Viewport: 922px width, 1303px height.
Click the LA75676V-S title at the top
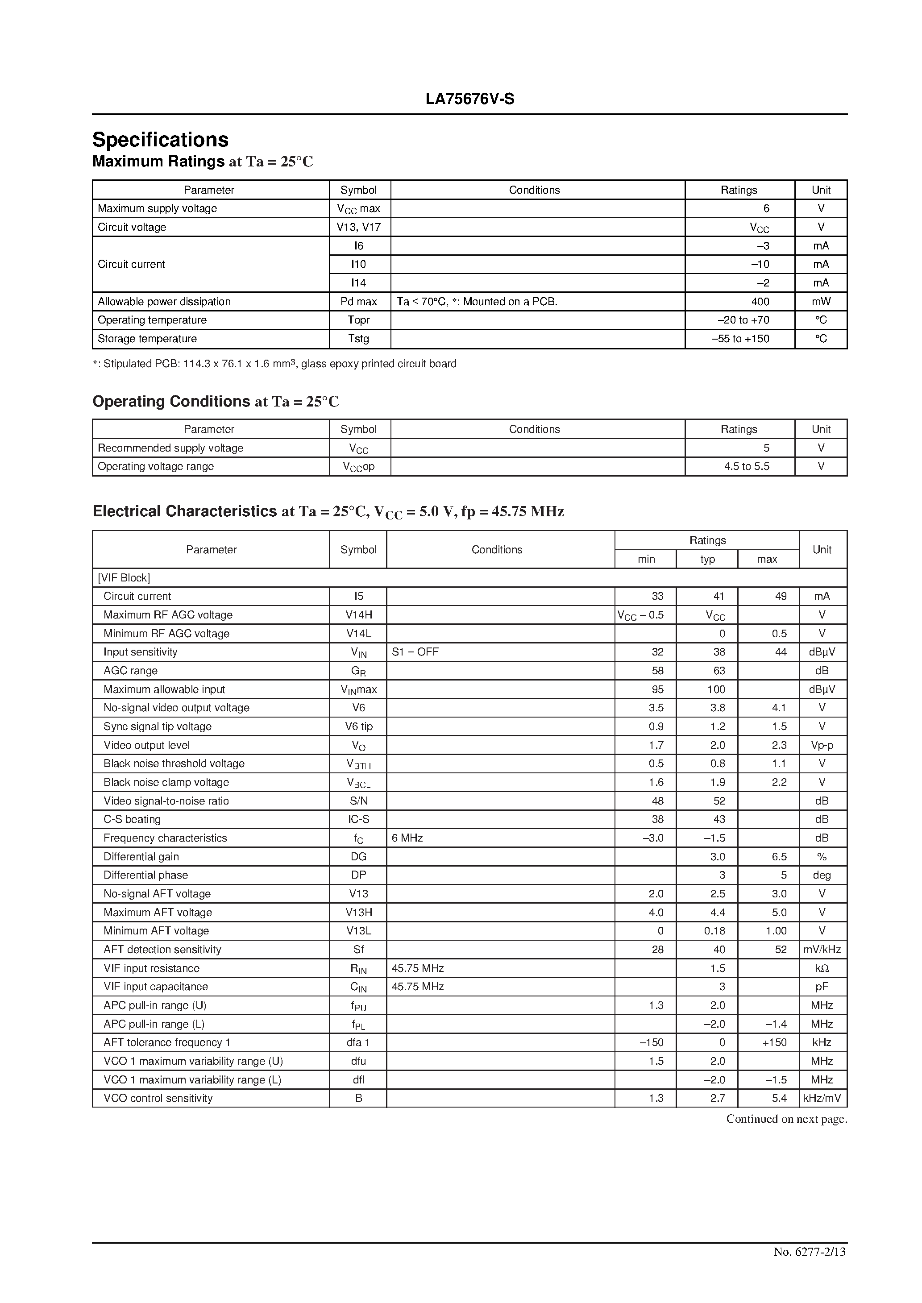[469, 100]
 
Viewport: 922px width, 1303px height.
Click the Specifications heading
[160, 140]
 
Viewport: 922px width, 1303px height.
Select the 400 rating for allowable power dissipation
[760, 301]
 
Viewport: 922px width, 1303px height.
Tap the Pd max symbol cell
[358, 301]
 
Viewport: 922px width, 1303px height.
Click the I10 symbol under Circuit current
[358, 264]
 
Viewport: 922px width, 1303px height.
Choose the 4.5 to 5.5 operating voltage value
[746, 466]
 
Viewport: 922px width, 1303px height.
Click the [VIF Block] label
[124, 578]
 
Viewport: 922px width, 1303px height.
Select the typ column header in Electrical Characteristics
[707, 559]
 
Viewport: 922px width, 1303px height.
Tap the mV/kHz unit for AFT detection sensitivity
[822, 950]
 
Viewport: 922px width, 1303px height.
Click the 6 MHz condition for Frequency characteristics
[407, 838]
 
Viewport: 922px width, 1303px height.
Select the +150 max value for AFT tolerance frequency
[774, 1042]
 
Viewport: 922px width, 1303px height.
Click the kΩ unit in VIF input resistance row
[822, 968]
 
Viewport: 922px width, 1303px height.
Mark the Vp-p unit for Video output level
[822, 745]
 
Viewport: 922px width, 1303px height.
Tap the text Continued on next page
[786, 1119]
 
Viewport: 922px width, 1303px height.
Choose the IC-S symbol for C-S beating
[358, 819]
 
